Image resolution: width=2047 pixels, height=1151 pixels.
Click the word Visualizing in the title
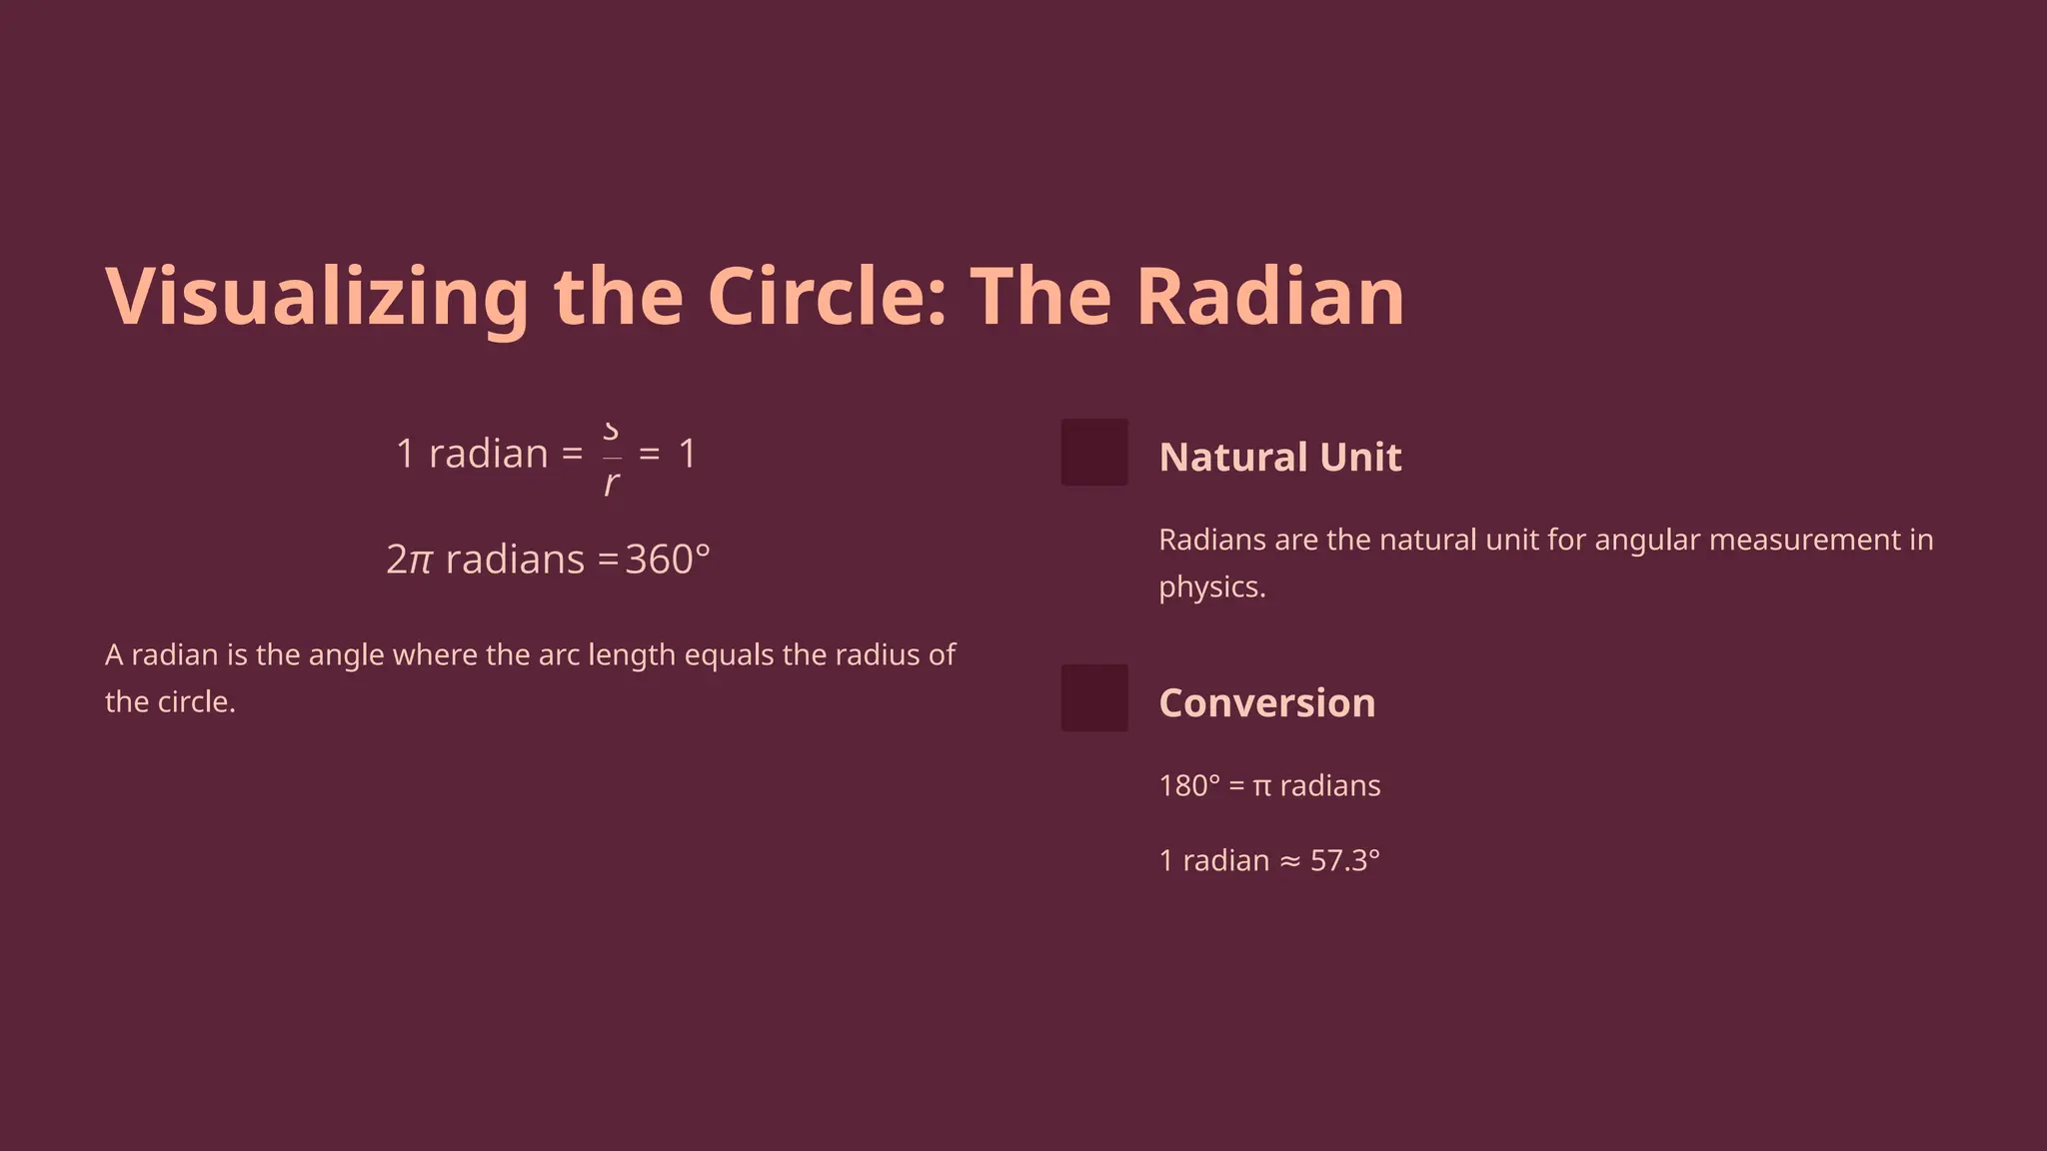tap(317, 297)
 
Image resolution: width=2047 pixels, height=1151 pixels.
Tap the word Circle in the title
tap(827, 297)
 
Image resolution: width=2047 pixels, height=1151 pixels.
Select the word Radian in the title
tap(1270, 297)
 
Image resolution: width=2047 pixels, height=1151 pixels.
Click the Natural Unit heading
tap(1279, 458)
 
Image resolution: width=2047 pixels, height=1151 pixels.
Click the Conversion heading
tap(1266, 703)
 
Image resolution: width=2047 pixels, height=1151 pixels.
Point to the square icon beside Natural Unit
tap(1094, 453)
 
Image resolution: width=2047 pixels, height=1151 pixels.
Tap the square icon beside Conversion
tap(1094, 698)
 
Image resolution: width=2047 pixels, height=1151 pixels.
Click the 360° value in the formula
tap(668, 560)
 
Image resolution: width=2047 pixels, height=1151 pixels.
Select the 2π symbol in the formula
tap(409, 560)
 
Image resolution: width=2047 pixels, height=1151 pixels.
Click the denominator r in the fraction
tap(612, 485)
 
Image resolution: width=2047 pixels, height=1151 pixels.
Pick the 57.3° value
tap(1344, 860)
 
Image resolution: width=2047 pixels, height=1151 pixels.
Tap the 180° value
tap(1189, 786)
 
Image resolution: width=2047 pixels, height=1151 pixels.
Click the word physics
tap(1211, 586)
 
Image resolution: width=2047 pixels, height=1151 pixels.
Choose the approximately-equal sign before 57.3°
tap(1290, 861)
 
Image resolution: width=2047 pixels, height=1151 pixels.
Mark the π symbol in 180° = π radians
tap(1261, 786)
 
